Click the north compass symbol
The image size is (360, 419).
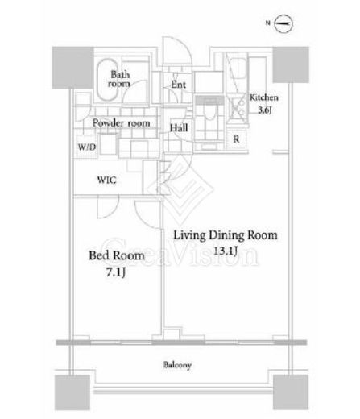(283, 23)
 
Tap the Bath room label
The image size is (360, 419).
(120, 79)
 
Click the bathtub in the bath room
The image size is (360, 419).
(107, 80)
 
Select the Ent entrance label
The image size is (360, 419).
(179, 85)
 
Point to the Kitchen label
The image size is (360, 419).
(264, 97)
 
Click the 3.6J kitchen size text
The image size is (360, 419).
(265, 110)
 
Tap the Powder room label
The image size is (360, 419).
(121, 123)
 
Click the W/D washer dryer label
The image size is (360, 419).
(87, 147)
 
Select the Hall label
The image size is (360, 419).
(179, 127)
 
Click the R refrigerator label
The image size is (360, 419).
(236, 139)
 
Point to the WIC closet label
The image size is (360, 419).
(107, 180)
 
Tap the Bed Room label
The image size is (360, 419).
(117, 255)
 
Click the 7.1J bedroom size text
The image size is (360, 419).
(116, 272)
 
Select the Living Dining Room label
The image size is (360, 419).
(226, 235)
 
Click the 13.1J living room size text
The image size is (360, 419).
(226, 251)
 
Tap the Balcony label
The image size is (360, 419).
(177, 365)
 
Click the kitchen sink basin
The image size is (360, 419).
(237, 68)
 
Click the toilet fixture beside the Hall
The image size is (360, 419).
(209, 111)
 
